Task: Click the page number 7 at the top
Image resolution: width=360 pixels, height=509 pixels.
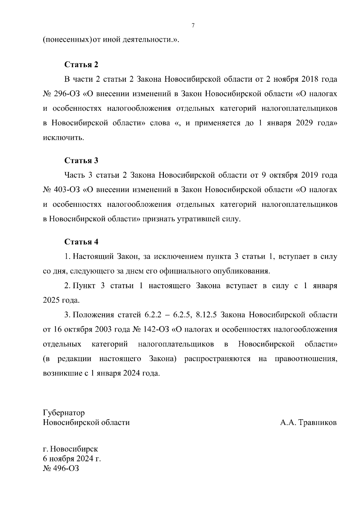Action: click(x=193, y=26)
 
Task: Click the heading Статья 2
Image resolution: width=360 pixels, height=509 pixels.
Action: click(x=81, y=65)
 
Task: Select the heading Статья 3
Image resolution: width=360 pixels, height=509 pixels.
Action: click(x=81, y=161)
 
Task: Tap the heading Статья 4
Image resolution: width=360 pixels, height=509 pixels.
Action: click(x=81, y=242)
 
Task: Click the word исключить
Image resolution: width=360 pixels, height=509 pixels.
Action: click(x=63, y=138)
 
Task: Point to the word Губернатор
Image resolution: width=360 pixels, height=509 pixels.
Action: click(x=64, y=413)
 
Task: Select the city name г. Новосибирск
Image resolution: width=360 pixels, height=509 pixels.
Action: click(x=70, y=449)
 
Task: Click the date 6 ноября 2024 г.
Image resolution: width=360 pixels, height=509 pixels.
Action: click(x=72, y=459)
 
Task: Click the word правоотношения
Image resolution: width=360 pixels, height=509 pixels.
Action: click(x=306, y=359)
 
